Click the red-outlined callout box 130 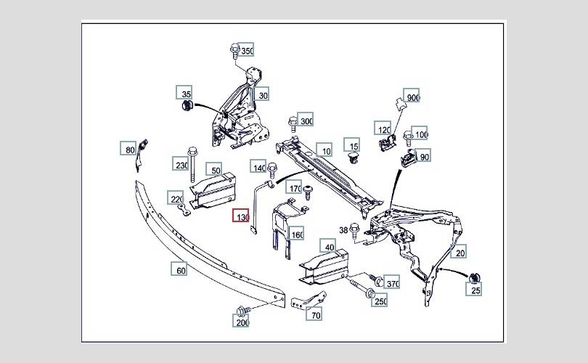click(241, 215)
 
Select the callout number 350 click(245, 49)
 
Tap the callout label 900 click(411, 97)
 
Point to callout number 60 click(179, 269)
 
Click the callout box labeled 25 click(473, 289)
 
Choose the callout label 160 click(295, 234)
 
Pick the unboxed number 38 click(343, 230)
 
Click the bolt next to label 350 click(234, 51)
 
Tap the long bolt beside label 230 click(193, 164)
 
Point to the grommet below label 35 click(187, 105)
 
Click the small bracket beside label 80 click(141, 155)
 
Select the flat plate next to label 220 click(183, 211)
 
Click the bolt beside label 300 click(293, 124)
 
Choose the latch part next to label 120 click(387, 142)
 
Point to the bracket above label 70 click(309, 300)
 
